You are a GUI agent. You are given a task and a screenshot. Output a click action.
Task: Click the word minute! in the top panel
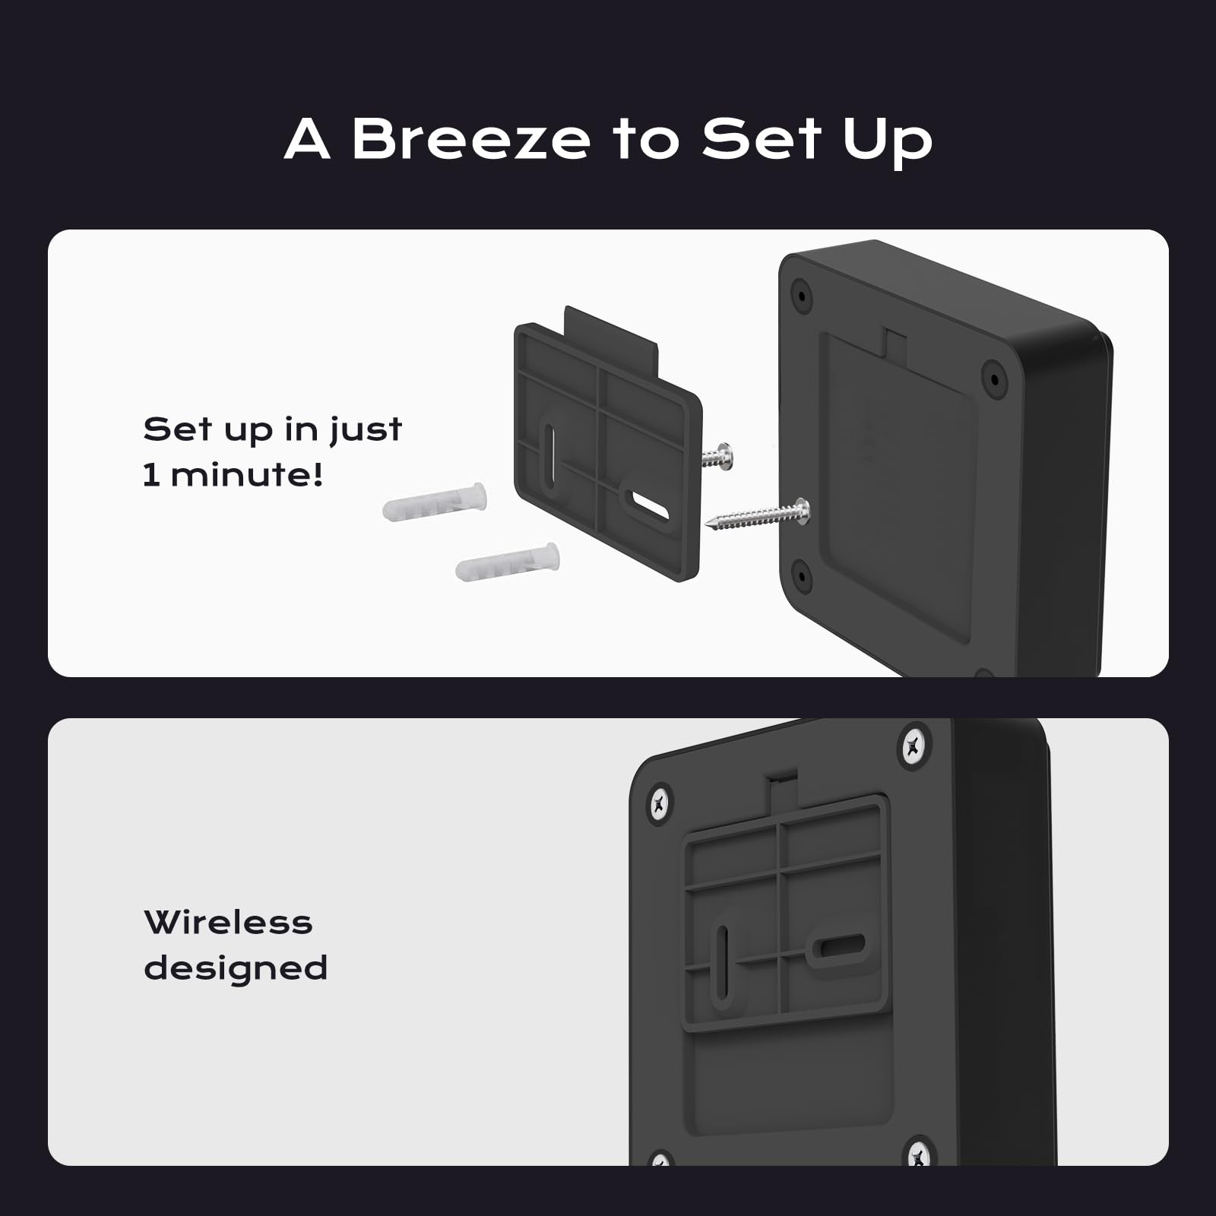coord(247,475)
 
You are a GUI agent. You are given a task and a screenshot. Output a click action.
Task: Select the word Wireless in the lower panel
coord(228,923)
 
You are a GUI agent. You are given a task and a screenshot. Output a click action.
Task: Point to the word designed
coord(236,969)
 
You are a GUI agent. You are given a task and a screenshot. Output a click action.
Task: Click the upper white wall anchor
coord(435,502)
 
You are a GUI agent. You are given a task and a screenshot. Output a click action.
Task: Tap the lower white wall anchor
coord(508,562)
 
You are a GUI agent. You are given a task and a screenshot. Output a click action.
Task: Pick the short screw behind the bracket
coord(716,457)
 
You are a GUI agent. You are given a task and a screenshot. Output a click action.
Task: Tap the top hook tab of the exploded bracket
coord(611,334)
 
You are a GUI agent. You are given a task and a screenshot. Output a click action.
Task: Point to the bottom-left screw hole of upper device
coord(800,575)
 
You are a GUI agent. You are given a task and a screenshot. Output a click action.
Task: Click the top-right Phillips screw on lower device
coord(914,746)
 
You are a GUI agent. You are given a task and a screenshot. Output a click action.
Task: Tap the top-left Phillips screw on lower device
coord(659,803)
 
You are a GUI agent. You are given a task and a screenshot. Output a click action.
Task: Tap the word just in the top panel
coord(366,430)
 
